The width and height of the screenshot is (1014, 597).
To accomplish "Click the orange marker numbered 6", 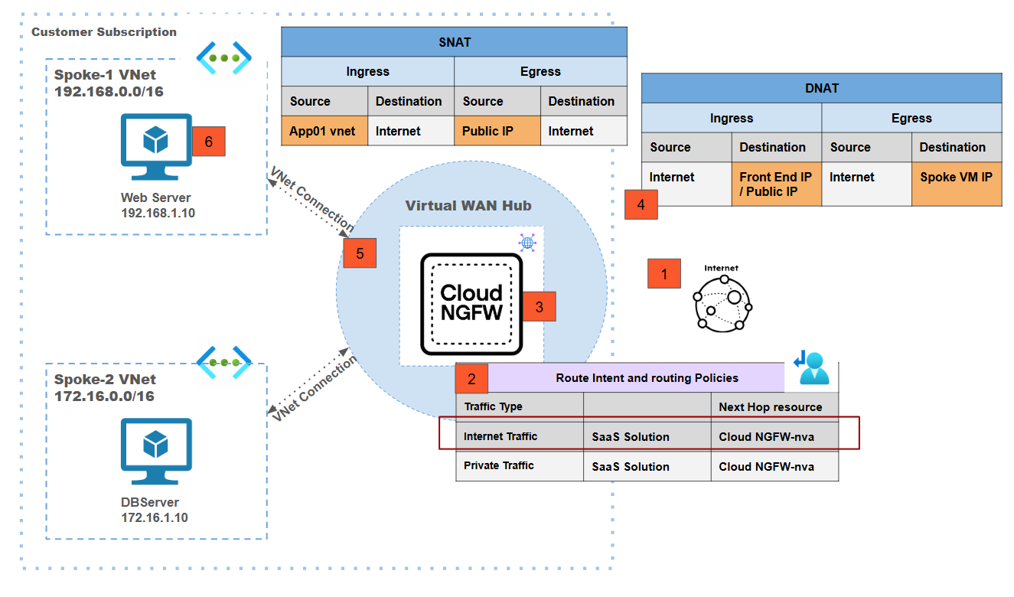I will point(209,141).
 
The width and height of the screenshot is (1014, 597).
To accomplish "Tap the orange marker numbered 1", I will point(664,273).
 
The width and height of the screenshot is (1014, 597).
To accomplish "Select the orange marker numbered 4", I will point(641,204).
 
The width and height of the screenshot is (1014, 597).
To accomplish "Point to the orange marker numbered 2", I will point(471,378).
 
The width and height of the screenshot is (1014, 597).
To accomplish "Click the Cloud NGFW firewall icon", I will point(471,304).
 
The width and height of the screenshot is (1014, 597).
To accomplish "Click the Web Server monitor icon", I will point(156,146).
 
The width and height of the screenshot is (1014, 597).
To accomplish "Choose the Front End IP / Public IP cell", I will point(776,184).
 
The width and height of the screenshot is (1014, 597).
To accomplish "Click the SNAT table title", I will point(454,42).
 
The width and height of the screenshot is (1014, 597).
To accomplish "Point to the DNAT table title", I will point(821,88).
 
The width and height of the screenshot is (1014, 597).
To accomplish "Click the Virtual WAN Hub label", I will point(468,205).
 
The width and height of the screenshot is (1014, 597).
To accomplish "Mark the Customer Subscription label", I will point(104,32).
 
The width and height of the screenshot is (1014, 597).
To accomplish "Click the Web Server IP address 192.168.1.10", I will point(158,213).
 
